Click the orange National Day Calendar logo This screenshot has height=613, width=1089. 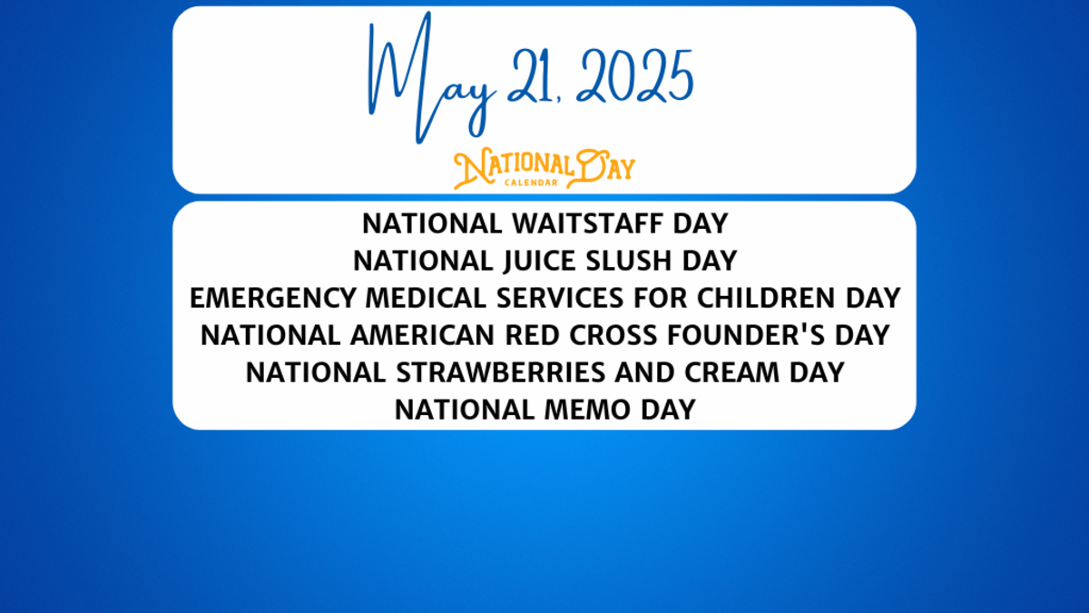pyautogui.click(x=544, y=169)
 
